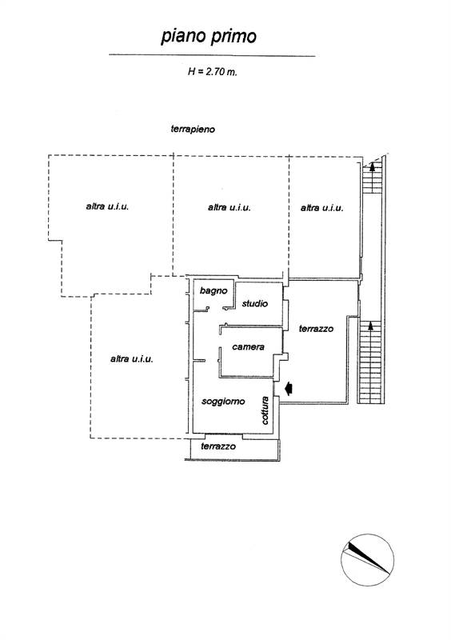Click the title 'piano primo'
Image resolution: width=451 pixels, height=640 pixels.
click(209, 37)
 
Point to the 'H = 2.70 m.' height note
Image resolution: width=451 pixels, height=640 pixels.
click(212, 72)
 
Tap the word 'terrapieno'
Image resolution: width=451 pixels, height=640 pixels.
click(193, 130)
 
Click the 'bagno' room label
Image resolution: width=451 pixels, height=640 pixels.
click(214, 291)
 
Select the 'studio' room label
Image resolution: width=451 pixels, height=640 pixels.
click(254, 304)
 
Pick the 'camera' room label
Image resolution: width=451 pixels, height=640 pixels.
click(248, 347)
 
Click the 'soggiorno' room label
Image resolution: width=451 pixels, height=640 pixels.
click(223, 402)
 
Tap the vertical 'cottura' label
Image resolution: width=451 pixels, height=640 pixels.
click(265, 410)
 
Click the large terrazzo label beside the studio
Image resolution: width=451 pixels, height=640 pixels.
click(316, 329)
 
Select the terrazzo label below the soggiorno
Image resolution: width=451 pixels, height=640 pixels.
click(218, 446)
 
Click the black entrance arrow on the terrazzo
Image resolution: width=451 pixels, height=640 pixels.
click(289, 388)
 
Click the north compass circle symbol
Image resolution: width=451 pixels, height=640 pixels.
click(367, 559)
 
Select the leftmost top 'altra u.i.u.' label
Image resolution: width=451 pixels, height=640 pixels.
click(107, 206)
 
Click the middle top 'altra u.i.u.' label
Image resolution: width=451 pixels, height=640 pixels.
click(229, 208)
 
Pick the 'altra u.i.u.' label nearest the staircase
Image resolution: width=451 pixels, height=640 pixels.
click(322, 208)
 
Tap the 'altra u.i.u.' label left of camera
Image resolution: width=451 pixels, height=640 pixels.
click(132, 359)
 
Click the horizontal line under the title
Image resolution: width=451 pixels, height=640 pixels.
click(212, 55)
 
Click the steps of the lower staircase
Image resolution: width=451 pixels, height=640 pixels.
click(370, 362)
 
